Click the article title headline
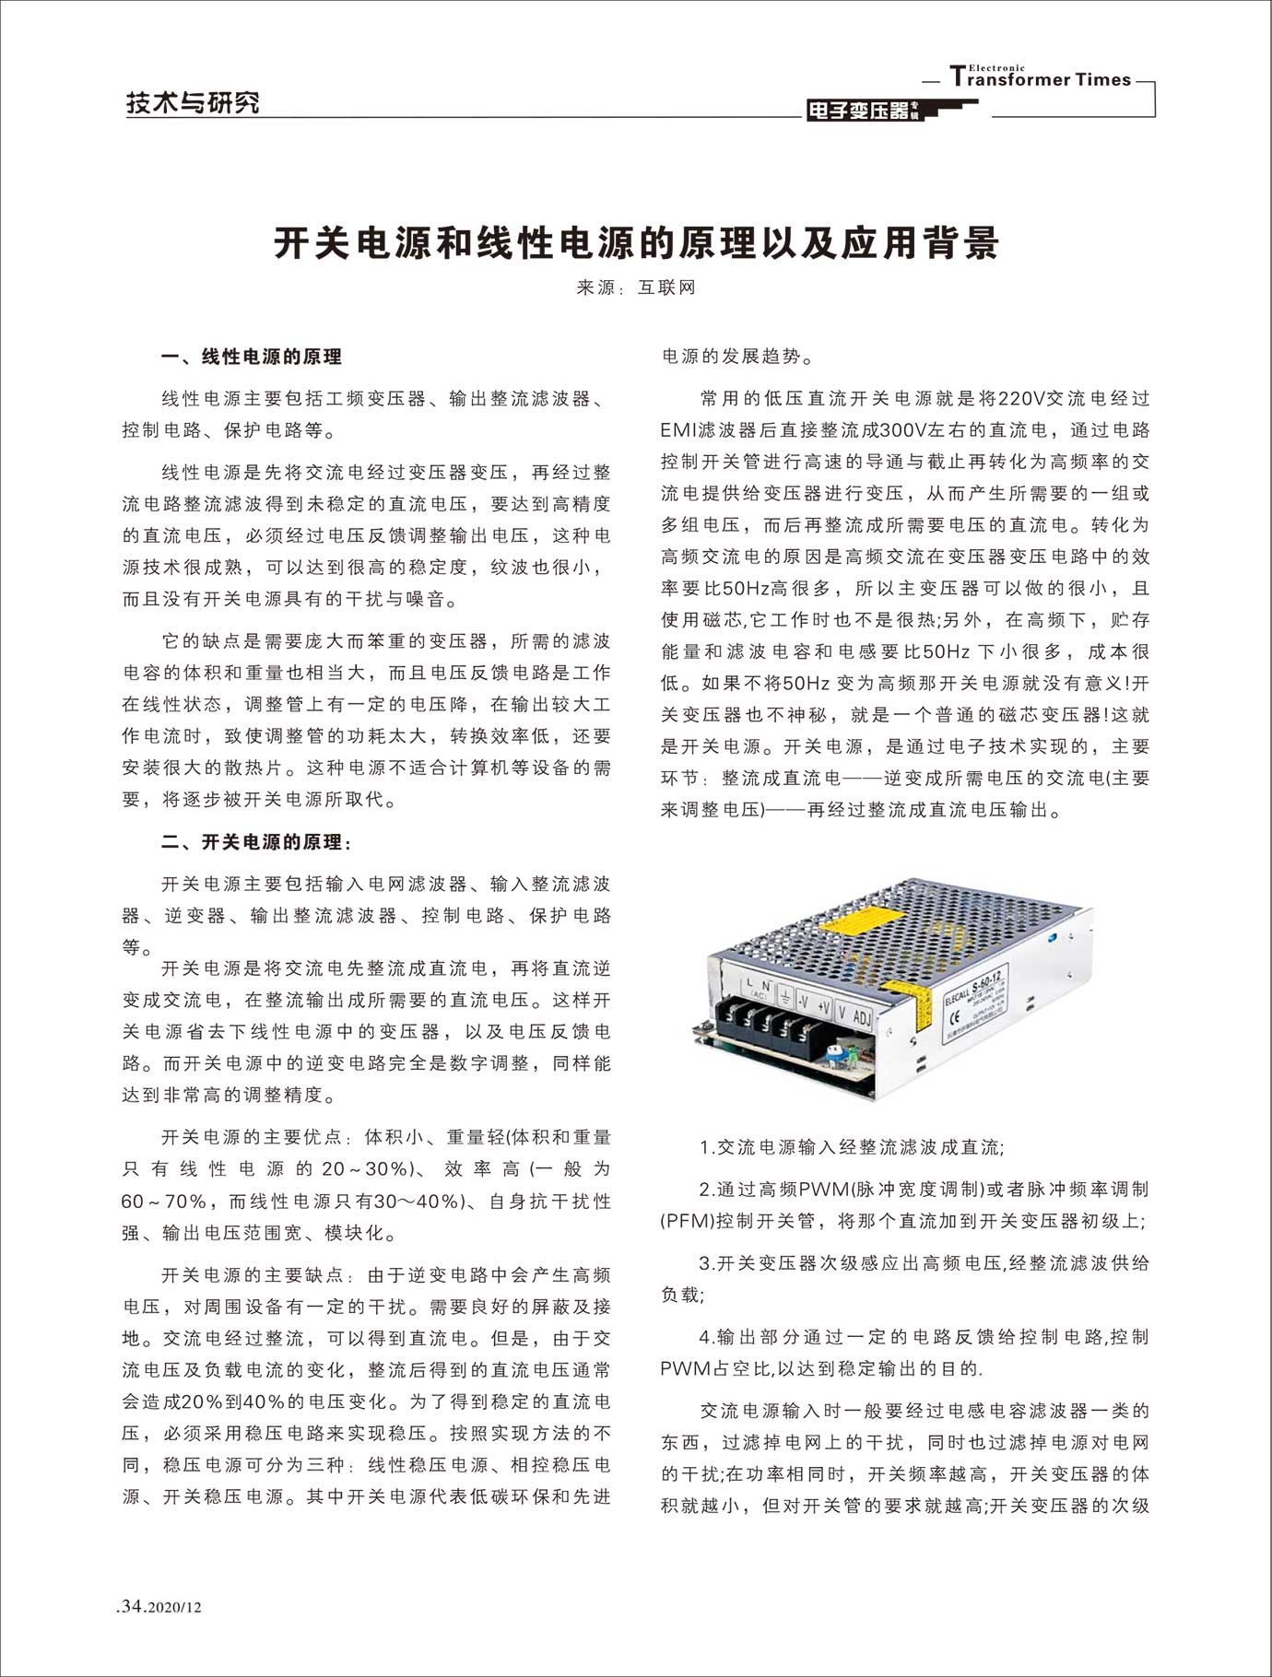coord(636,243)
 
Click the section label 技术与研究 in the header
coord(193,103)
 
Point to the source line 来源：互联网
coord(635,287)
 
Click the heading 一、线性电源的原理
coord(251,358)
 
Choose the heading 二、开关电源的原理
coord(256,842)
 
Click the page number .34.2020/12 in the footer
coord(159,1607)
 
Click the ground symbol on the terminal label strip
coord(783,996)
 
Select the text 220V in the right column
coord(1019,399)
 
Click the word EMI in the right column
coord(678,430)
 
